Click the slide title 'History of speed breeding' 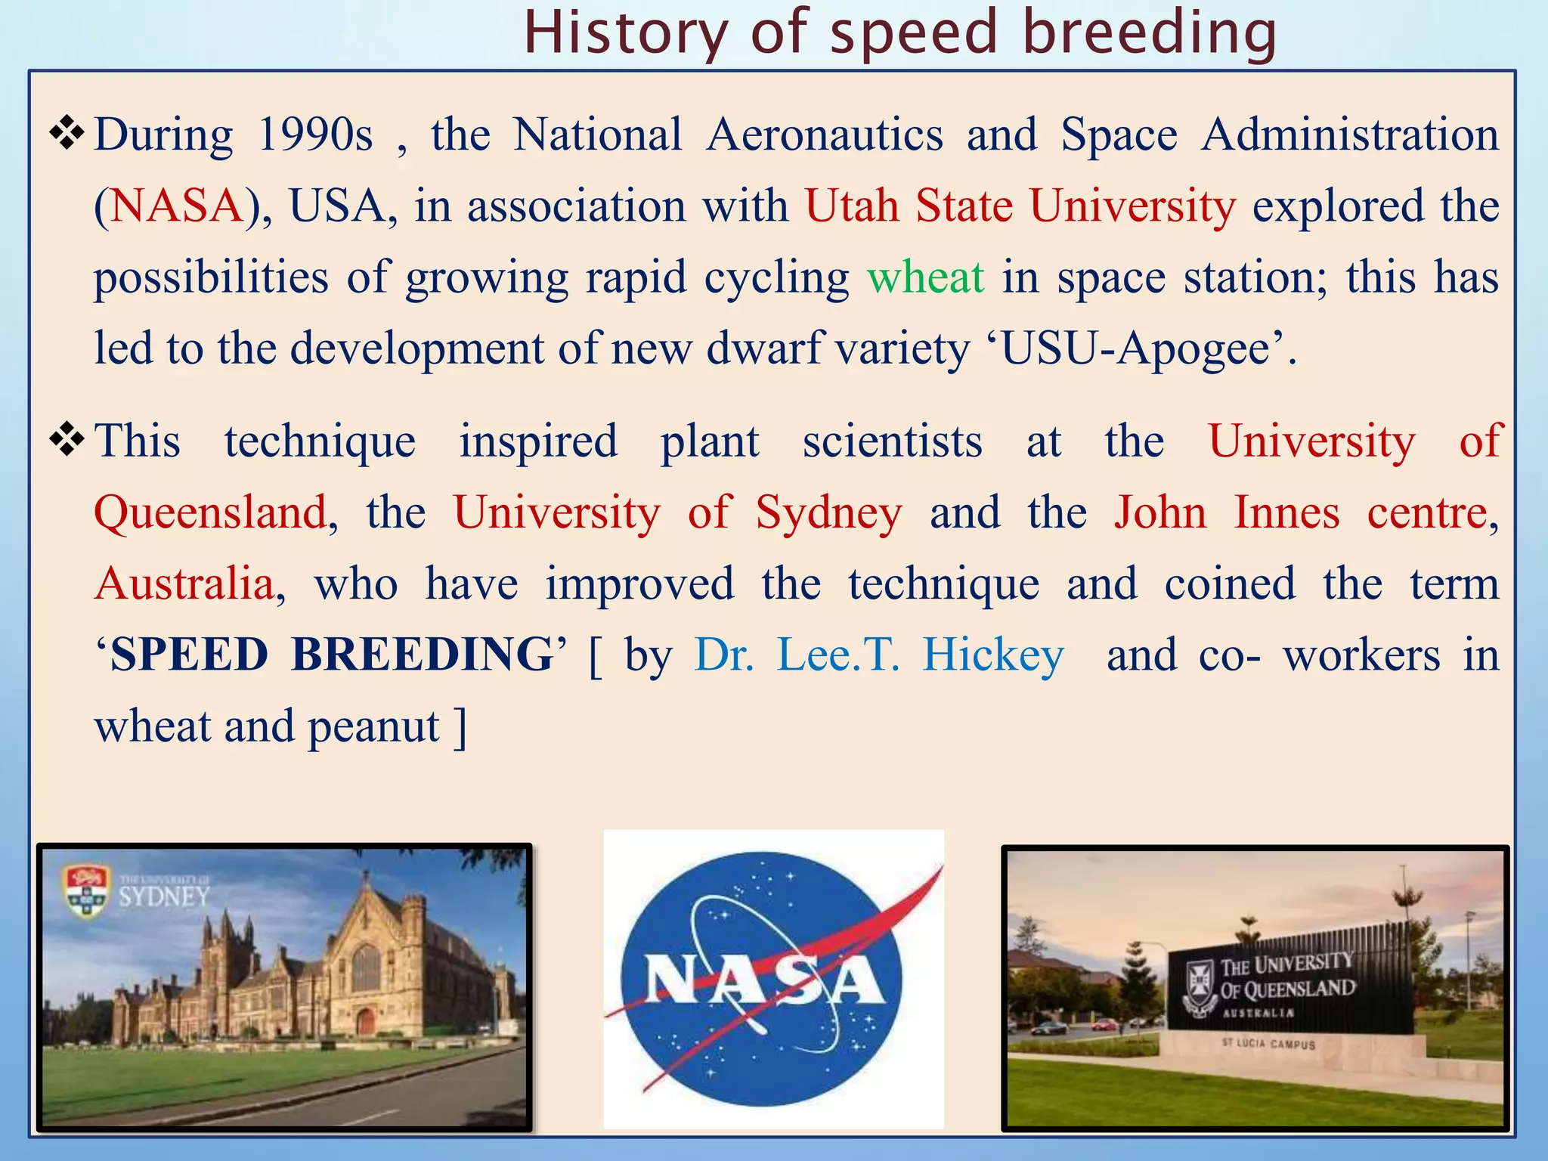(x=899, y=33)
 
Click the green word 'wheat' (x=925, y=277)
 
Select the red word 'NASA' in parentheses (x=175, y=206)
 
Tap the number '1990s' (x=314, y=135)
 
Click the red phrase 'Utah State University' (x=1020, y=206)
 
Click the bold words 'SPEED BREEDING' (x=333, y=655)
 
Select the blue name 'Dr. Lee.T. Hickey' (x=879, y=655)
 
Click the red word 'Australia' (x=184, y=584)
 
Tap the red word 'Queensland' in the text (x=211, y=513)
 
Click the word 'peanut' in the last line (x=373, y=726)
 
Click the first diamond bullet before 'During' (x=67, y=133)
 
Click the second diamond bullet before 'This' (x=67, y=440)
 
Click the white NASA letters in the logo (x=763, y=981)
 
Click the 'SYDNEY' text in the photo (x=163, y=897)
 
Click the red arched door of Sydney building (x=366, y=1021)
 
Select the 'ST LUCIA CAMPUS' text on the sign (x=1268, y=1044)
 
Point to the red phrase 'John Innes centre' (x=1301, y=513)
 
